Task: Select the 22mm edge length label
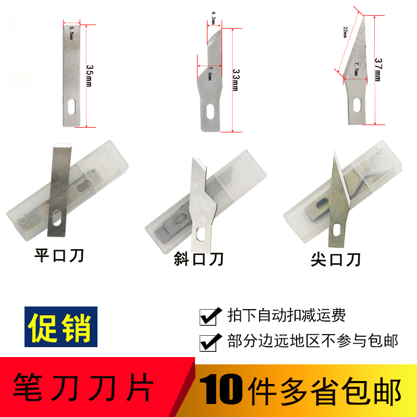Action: tap(345, 32)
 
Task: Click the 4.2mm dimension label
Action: tap(214, 19)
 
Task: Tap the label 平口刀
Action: tap(58, 256)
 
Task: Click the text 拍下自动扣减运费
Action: tap(287, 315)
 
